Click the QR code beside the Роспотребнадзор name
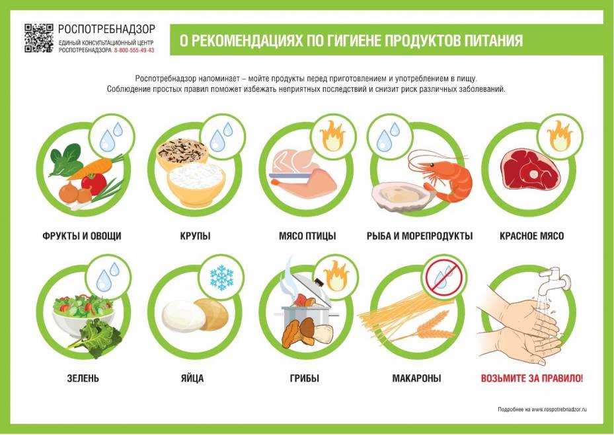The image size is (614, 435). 39,38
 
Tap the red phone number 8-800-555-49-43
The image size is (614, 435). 134,50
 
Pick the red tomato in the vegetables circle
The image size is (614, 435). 94,184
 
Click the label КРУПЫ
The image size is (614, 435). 195,236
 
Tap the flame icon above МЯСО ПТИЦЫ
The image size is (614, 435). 332,135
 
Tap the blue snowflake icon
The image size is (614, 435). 221,278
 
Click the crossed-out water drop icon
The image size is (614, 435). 444,277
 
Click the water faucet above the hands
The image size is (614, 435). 555,280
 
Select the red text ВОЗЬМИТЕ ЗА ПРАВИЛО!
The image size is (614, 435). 532,378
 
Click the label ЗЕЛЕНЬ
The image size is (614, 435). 83,378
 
